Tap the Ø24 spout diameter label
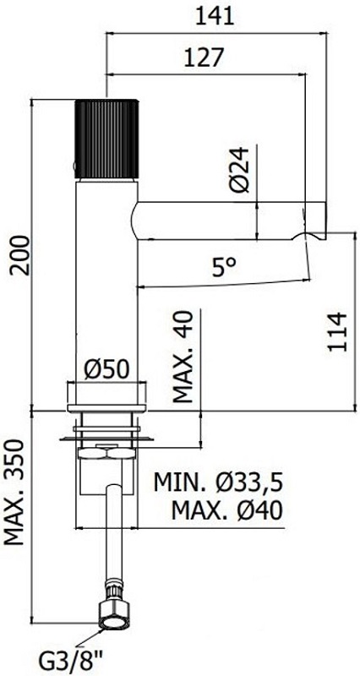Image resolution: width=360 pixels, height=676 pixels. point(242,172)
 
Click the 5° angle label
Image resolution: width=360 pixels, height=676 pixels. point(224,268)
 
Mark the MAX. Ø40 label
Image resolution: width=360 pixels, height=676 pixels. point(226,510)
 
